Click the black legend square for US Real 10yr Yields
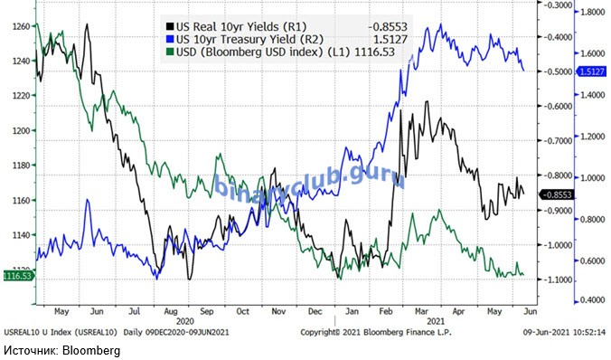(170, 26)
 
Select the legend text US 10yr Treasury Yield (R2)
(249, 39)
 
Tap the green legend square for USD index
(170, 52)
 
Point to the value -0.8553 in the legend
(388, 26)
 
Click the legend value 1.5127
(390, 39)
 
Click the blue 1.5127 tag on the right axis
(591, 71)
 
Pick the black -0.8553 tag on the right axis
(558, 194)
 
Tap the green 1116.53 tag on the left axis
(17, 276)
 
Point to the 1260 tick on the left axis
(22, 26)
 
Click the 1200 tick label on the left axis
(22, 130)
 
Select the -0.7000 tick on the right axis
(558, 141)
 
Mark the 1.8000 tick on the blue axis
(592, 12)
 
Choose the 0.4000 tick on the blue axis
(592, 300)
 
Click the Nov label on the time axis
(278, 311)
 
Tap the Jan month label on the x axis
(352, 311)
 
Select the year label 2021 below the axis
(436, 322)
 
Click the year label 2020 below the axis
(184, 322)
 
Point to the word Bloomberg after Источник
(91, 350)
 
